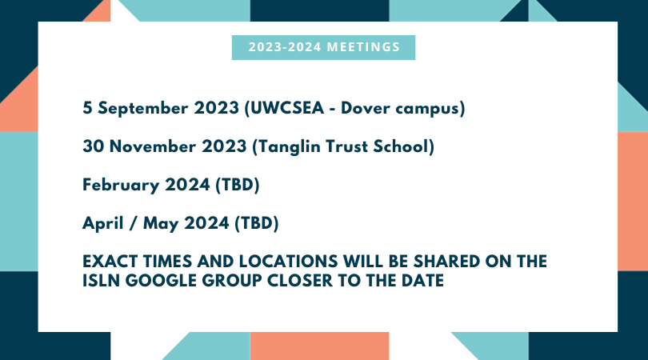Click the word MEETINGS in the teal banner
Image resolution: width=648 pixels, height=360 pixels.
click(363, 47)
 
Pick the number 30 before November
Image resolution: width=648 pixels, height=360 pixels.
click(94, 146)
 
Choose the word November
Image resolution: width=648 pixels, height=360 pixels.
click(153, 146)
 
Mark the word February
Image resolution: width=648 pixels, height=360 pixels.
click(121, 186)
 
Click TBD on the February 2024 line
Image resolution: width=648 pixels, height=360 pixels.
click(238, 185)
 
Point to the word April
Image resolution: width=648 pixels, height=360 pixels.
click(103, 224)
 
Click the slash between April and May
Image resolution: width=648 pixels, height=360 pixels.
click(133, 224)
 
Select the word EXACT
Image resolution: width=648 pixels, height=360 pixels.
click(110, 262)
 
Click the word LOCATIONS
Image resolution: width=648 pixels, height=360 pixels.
click(289, 262)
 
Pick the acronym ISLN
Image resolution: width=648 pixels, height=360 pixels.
click(102, 281)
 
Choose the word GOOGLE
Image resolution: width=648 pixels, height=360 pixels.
click(160, 281)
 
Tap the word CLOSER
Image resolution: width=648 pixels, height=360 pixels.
click(300, 281)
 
